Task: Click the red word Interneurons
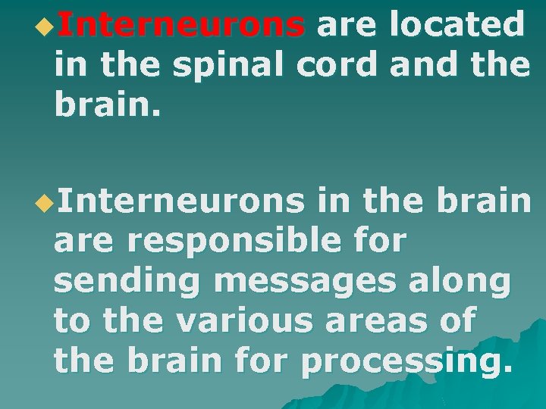pyautogui.click(x=180, y=26)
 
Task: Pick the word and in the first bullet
pyautogui.click(x=419, y=65)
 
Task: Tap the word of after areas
pyautogui.click(x=457, y=322)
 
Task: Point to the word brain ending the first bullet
pyautogui.click(x=102, y=105)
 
